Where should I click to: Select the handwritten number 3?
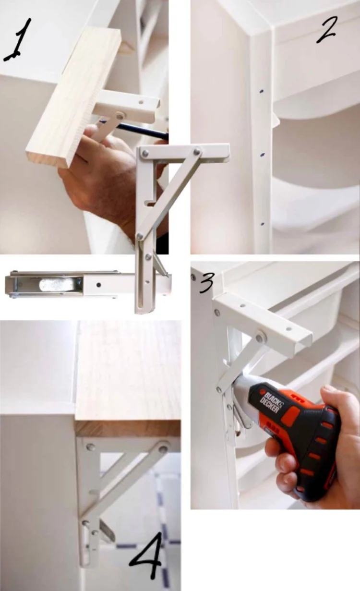click(x=207, y=283)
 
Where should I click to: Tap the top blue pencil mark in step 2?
click(x=262, y=91)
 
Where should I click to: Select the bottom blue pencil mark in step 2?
click(x=263, y=224)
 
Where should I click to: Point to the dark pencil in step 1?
click(x=143, y=131)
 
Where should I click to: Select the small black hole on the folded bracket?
click(x=98, y=285)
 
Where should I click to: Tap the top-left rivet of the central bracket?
click(x=144, y=152)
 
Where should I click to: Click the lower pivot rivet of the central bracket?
click(x=140, y=236)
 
